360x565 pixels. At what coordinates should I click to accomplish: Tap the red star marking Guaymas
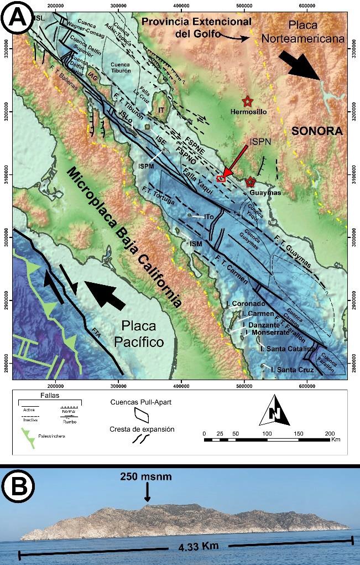click(251, 182)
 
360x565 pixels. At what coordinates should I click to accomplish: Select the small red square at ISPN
click(221, 178)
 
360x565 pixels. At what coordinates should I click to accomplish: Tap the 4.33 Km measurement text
click(198, 547)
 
